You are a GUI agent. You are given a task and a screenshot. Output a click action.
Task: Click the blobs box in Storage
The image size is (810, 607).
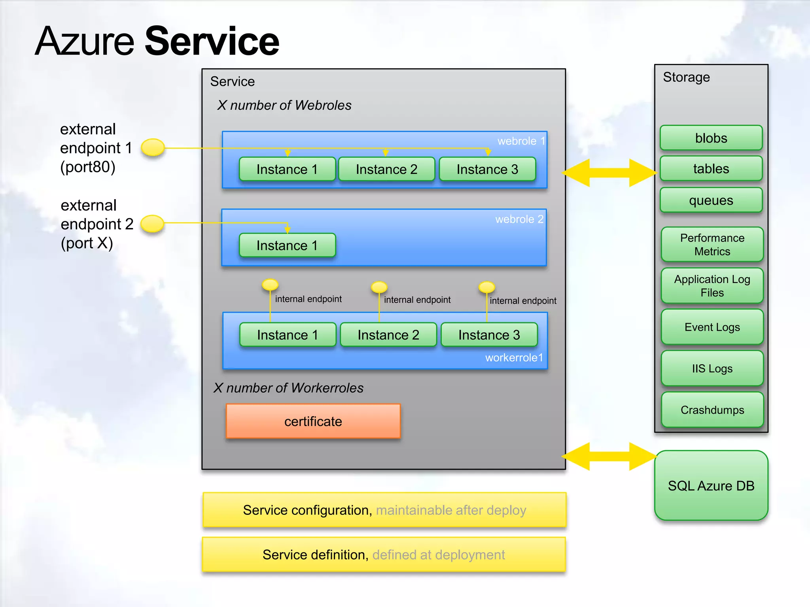[711, 138]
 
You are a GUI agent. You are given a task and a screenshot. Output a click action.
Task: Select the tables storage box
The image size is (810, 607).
[711, 169]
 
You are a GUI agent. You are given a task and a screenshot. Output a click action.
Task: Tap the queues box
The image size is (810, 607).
[711, 200]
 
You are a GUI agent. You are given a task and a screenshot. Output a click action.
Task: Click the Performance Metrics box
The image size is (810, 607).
[712, 245]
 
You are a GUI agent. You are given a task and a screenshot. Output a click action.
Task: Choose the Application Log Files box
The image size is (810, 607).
[712, 286]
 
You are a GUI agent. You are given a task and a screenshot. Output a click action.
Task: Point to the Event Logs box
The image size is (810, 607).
[712, 327]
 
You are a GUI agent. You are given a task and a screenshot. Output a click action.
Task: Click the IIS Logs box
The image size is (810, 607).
[712, 368]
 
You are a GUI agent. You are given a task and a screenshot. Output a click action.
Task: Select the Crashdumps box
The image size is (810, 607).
[712, 410]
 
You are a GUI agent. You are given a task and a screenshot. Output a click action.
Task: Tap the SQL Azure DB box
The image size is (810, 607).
[711, 486]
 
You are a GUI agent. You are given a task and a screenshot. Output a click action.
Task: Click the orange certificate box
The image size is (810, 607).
[313, 421]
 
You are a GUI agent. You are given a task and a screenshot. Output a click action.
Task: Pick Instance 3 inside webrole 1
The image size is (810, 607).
[487, 169]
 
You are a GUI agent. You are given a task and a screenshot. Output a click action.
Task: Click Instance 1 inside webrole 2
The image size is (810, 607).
[287, 245]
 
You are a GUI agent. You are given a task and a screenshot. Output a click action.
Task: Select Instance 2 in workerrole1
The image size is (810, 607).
[388, 335]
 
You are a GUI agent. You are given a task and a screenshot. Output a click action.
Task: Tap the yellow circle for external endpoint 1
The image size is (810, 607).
[153, 147]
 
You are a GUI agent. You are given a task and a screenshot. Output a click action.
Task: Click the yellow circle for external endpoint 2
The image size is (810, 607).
[153, 223]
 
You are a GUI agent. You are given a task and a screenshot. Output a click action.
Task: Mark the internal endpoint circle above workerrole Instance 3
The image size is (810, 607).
[486, 287]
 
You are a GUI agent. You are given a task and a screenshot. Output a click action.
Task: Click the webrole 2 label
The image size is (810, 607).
[519, 219]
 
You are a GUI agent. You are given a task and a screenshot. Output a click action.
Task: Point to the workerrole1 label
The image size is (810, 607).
[514, 358]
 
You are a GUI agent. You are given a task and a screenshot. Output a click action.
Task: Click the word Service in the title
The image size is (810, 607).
[212, 41]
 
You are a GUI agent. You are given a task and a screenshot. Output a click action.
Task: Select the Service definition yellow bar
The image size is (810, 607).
[384, 555]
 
